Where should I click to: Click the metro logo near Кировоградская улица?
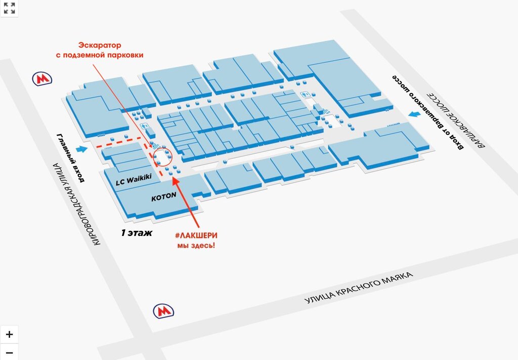click(x=42, y=79)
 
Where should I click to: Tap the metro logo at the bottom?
click(x=163, y=310)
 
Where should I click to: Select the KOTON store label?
click(x=163, y=197)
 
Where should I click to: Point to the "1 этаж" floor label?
click(x=136, y=233)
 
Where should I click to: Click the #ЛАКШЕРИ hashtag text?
click(x=196, y=235)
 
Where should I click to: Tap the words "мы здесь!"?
click(x=196, y=246)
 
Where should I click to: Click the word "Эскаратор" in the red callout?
click(x=100, y=45)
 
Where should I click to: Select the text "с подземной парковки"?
click(x=100, y=55)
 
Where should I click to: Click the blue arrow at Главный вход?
click(x=82, y=149)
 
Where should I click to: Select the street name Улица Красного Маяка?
click(x=359, y=288)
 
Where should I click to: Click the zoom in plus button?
click(x=9, y=335)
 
